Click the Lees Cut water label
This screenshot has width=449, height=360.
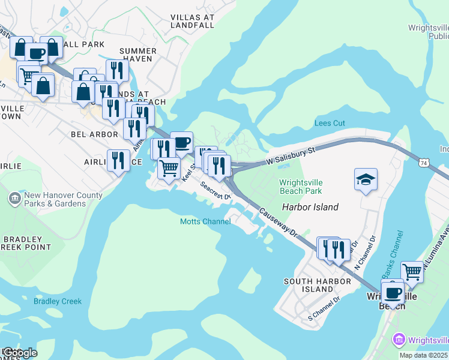pos(330,123)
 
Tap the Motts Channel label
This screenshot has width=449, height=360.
pos(205,221)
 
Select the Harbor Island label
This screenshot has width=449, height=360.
pos(310,207)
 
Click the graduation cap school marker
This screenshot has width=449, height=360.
pos(366,179)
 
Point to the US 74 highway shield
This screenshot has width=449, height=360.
pos(424,163)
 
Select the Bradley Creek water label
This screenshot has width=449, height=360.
pos(57,301)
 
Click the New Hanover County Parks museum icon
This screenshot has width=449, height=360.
pos(14,198)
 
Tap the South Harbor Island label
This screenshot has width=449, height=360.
pos(309,285)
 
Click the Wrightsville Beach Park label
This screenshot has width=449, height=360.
pos(300,187)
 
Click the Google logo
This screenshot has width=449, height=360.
pos(19,353)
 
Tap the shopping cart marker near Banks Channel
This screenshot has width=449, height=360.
pos(412,272)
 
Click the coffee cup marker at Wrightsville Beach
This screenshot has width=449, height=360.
pos(393,293)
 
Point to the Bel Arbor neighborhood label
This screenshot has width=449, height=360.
pos(94,134)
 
